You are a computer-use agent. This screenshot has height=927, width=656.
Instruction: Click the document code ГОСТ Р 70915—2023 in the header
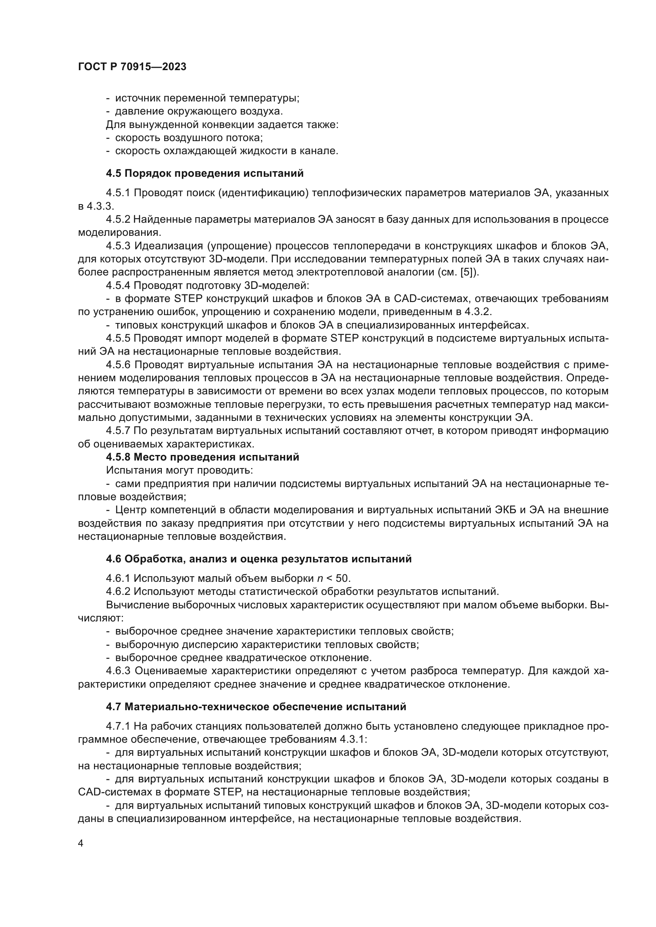(x=132, y=67)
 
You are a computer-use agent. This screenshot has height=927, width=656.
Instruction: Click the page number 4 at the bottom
(x=81, y=843)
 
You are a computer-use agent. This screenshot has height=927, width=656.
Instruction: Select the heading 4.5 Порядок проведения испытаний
(x=205, y=173)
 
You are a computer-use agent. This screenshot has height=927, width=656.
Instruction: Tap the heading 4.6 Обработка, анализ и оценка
(x=259, y=559)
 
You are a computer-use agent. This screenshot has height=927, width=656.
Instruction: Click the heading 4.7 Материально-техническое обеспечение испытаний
(x=256, y=707)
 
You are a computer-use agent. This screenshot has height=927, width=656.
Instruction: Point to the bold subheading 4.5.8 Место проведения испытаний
(x=202, y=457)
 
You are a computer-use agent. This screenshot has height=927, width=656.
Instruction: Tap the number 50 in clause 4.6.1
(x=342, y=578)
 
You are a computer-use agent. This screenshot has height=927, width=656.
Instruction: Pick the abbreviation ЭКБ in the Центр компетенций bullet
(x=505, y=510)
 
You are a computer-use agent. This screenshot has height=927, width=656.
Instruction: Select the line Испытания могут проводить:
(x=180, y=470)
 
